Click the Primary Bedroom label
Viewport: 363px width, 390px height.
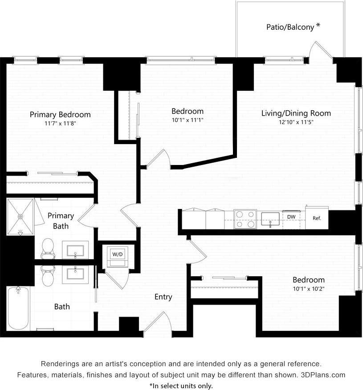pos(60,114)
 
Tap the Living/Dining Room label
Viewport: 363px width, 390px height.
pos(296,113)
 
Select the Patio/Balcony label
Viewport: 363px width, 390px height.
pos(290,27)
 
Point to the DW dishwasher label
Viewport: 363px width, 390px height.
pos(291,217)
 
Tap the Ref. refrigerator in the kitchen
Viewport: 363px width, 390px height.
pos(317,218)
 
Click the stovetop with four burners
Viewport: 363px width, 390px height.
pos(245,219)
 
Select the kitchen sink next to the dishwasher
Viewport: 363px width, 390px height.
pos(270,219)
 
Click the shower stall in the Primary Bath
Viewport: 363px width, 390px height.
pos(20,217)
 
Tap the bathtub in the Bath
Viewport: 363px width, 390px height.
pos(18,308)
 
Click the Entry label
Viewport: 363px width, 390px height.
pos(163,297)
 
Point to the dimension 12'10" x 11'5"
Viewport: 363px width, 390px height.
pos(296,122)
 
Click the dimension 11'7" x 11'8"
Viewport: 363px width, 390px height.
pos(60,123)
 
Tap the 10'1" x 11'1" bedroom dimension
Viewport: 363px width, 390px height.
pos(188,120)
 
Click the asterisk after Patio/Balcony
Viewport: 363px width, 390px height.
pos(318,26)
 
